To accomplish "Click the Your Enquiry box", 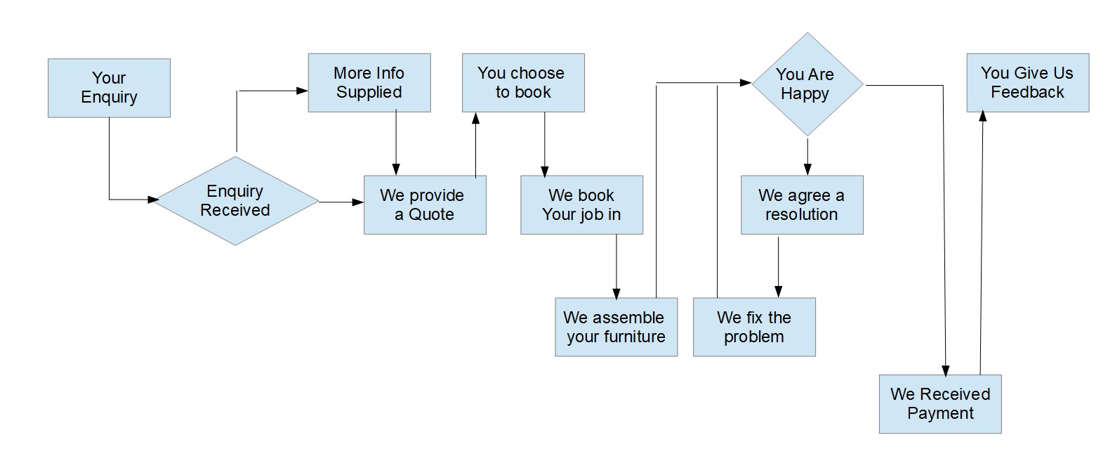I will tap(109, 88).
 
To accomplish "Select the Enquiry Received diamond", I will tap(235, 201).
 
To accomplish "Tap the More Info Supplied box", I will tap(369, 83).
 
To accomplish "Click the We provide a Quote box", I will tap(425, 204).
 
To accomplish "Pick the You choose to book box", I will tap(523, 83).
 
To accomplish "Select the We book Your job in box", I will tap(581, 204).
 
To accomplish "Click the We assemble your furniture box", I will tap(616, 327).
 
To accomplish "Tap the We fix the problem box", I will tap(754, 327).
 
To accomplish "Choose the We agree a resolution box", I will tap(802, 204).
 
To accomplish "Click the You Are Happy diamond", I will tap(807, 84).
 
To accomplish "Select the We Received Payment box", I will tap(940, 403).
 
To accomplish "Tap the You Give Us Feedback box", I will tap(1027, 83).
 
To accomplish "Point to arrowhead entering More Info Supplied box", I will tap(303, 91).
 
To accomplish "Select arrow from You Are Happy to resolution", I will tap(807, 156).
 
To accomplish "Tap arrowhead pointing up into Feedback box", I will tap(983, 117).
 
